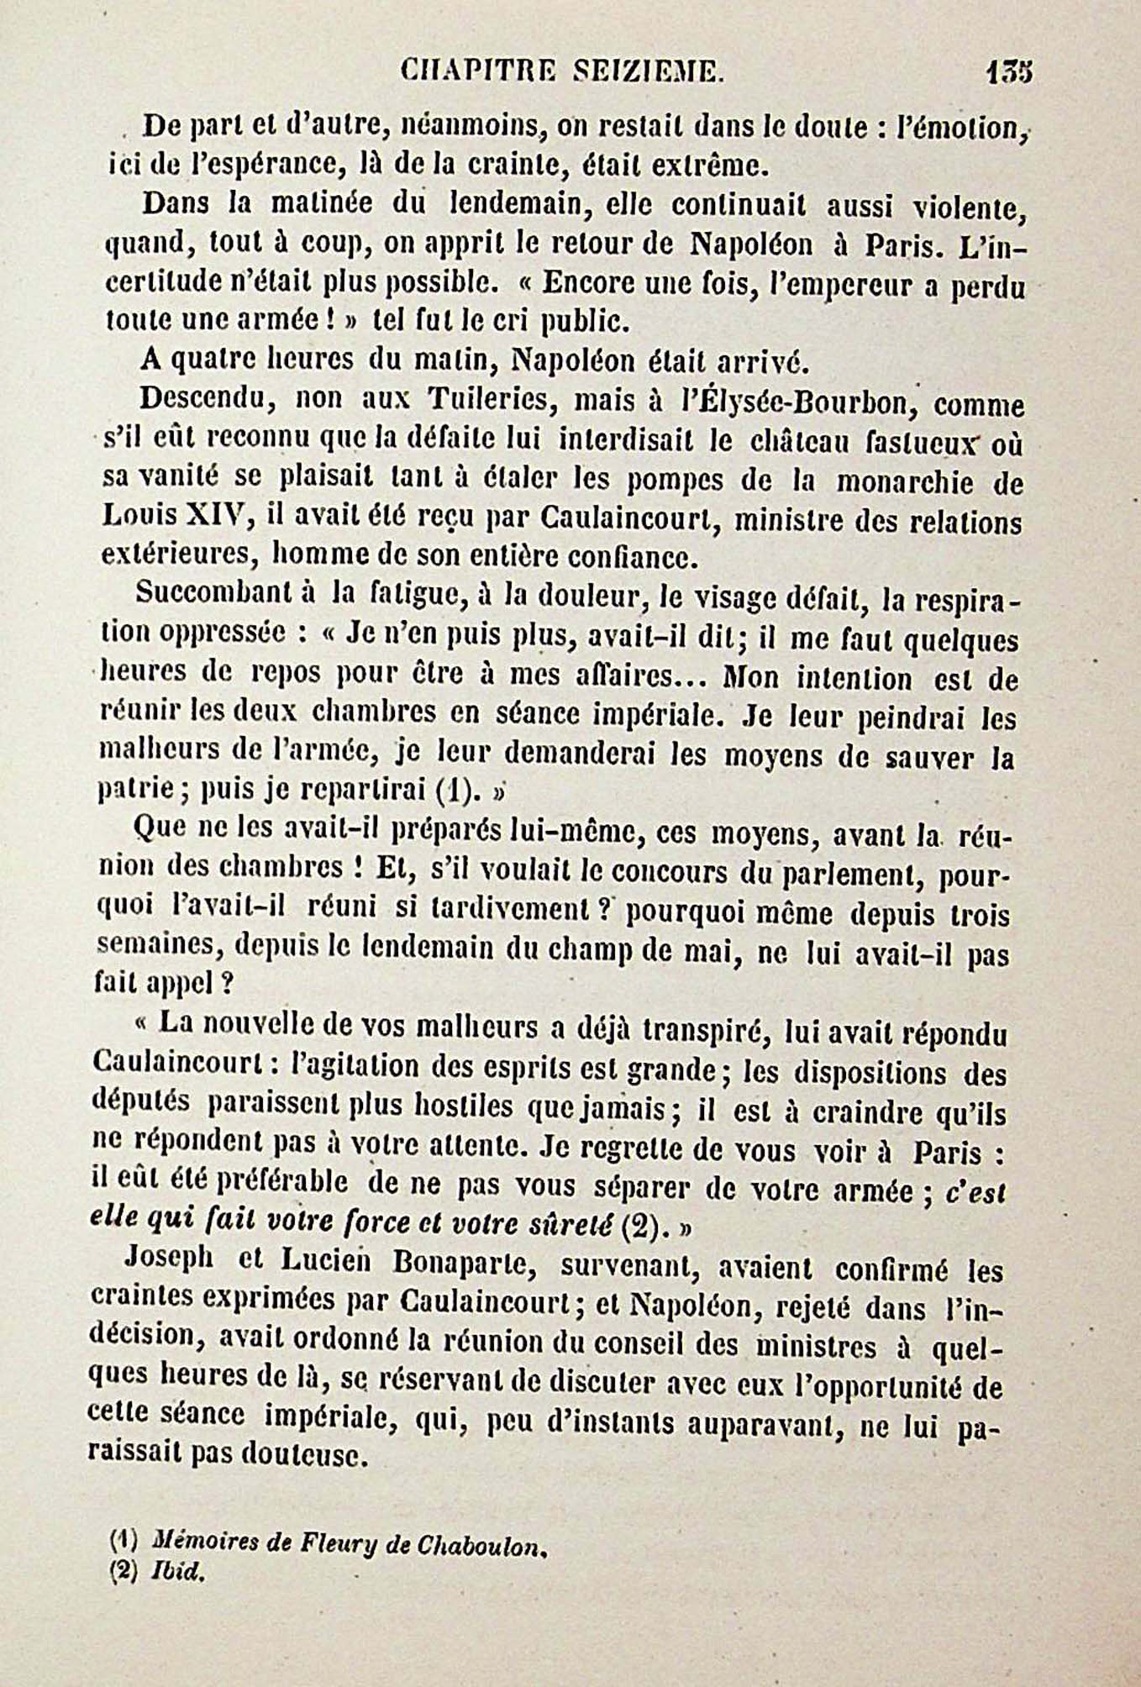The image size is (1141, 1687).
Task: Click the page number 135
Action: pos(1009,73)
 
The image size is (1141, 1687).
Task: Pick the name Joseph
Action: pos(168,1263)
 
